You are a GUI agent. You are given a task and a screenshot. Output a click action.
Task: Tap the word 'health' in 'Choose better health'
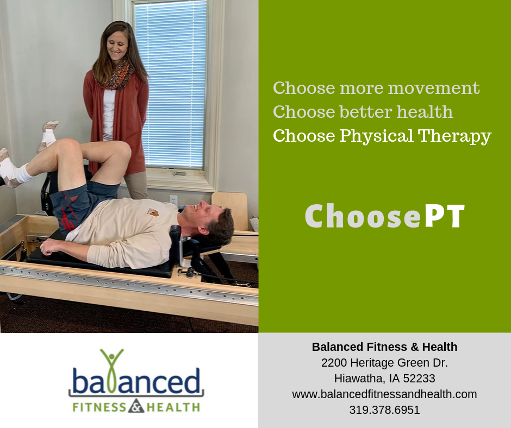(425, 112)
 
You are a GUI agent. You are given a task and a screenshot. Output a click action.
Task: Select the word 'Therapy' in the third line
(454, 136)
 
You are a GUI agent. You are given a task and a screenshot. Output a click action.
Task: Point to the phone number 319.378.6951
(384, 410)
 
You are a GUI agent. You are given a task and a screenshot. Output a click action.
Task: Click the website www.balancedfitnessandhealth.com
(384, 394)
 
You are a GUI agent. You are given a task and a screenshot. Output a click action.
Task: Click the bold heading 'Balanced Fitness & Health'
(384, 347)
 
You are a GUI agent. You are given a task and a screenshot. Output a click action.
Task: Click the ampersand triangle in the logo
(136, 406)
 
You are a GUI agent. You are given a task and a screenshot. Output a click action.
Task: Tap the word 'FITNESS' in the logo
(99, 407)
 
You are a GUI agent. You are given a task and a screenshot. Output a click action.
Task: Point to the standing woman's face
(117, 46)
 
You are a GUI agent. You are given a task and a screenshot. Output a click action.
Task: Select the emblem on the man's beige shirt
(153, 212)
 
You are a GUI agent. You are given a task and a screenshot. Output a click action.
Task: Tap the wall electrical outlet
(173, 200)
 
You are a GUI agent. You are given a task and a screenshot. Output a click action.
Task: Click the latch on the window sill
(179, 173)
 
